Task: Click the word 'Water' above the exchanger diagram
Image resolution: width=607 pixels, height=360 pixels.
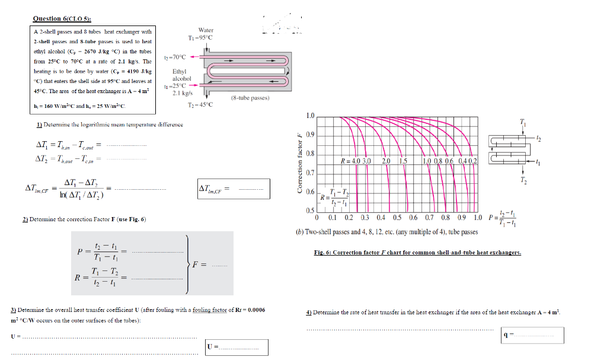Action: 206,30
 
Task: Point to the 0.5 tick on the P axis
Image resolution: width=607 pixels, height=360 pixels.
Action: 397,217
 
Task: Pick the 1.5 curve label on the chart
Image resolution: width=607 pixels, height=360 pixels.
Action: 403,161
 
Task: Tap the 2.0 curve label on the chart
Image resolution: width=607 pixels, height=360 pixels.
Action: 385,161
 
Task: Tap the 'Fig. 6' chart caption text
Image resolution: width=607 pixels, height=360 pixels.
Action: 417,252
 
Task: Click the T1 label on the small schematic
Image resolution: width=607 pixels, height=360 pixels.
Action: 522,123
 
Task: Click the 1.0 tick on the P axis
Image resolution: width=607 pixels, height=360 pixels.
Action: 478,217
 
